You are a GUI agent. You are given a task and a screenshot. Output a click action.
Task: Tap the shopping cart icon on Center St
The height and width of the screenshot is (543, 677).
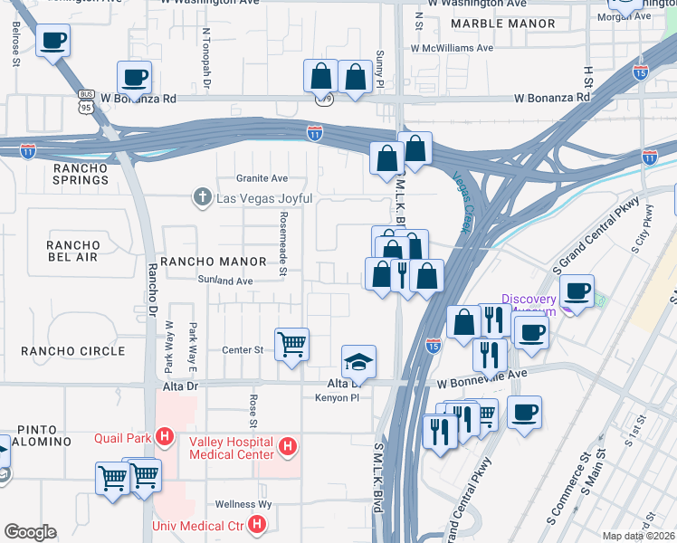pos(291,344)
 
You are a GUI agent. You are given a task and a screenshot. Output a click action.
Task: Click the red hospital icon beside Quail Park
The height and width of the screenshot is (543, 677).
pos(164,438)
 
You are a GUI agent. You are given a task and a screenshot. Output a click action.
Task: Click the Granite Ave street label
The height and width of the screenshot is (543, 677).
pos(262,178)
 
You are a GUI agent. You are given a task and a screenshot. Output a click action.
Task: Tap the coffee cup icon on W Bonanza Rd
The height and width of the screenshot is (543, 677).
pos(134,78)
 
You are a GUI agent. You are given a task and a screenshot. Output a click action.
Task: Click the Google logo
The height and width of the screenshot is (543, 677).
pos(30,532)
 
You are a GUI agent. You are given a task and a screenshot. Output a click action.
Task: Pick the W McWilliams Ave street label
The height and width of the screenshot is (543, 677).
pos(452,48)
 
